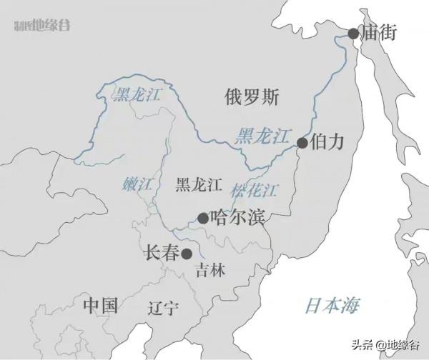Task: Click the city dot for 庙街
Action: [x=353, y=34]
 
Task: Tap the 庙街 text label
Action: [x=379, y=33]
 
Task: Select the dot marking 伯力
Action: [x=302, y=143]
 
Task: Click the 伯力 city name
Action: [x=328, y=141]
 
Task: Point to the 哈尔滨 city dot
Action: [x=203, y=218]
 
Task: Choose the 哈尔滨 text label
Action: [x=238, y=216]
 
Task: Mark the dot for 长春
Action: [x=187, y=253]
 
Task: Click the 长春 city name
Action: [x=162, y=251]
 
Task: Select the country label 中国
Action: [x=99, y=306]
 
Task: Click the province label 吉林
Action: [x=210, y=271]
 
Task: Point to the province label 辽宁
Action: [x=163, y=309]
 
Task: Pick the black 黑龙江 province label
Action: [x=198, y=186]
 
